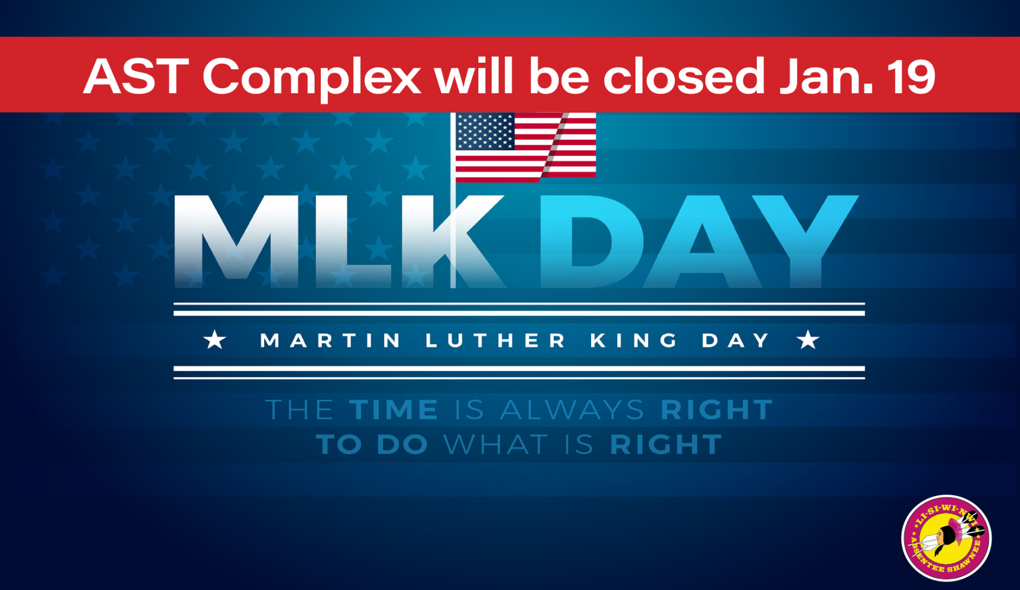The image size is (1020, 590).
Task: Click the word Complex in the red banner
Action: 311,78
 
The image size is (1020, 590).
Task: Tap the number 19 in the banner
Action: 910,76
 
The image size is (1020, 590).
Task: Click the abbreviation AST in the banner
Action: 136,76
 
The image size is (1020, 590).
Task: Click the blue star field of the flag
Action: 485,131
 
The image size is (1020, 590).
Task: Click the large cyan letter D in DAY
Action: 591,241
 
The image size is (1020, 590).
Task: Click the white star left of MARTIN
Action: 215,339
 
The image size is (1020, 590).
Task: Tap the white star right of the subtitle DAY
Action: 808,339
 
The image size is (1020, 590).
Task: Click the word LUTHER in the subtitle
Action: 495,340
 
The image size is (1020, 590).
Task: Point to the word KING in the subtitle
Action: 634,340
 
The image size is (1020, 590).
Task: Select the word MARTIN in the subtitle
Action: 330,340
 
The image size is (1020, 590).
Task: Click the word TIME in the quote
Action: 394,410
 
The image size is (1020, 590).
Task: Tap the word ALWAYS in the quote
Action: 572,410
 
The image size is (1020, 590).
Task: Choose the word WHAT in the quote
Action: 496,445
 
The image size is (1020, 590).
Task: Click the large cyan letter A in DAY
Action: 701,241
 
